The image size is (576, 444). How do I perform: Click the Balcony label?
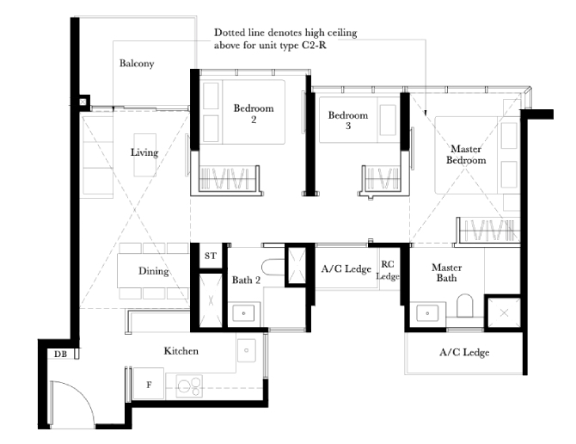[137, 64]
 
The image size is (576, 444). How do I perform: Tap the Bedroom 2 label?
[254, 114]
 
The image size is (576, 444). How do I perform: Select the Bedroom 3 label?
[348, 120]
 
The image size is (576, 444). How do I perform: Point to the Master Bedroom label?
[466, 154]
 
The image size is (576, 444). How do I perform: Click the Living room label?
[144, 152]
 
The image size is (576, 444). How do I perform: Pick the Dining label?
[154, 271]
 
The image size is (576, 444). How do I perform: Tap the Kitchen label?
[181, 351]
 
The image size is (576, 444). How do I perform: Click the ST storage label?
[211, 256]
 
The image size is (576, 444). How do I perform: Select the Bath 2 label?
[246, 280]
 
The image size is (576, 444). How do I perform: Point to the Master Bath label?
[447, 273]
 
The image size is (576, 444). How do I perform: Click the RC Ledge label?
[388, 270]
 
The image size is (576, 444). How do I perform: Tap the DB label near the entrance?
[61, 355]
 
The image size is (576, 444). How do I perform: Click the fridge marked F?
[149, 384]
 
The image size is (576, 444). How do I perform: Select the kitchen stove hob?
[189, 386]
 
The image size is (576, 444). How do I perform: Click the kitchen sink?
[247, 350]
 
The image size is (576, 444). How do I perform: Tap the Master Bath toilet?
[464, 305]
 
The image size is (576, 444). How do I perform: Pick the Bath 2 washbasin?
[243, 313]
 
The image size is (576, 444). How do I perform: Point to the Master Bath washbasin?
[427, 313]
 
